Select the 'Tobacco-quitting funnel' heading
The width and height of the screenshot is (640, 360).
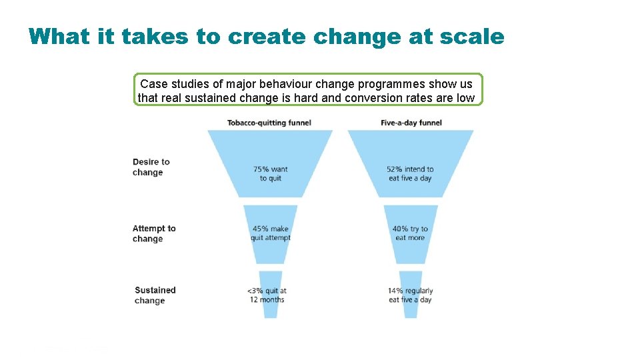click(x=269, y=123)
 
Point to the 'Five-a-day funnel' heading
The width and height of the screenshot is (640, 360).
click(x=411, y=123)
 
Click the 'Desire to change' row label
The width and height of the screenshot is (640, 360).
click(x=151, y=167)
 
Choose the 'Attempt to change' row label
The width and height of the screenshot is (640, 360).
click(x=154, y=233)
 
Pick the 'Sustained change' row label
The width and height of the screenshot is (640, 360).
click(x=155, y=295)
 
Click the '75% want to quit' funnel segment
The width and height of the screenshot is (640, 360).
click(x=271, y=173)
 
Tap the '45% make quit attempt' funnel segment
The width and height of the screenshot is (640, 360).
click(x=271, y=233)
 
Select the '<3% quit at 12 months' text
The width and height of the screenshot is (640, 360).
click(x=267, y=295)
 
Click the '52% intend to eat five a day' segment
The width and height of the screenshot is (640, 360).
click(x=411, y=173)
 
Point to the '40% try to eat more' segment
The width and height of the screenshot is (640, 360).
click(x=411, y=233)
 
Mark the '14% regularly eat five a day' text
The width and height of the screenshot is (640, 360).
click(x=411, y=295)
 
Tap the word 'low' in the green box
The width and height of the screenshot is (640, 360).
click(x=465, y=98)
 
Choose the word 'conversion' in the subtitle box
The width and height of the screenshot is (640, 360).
click(x=383, y=98)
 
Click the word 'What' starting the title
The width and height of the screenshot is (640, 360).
click(x=59, y=36)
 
